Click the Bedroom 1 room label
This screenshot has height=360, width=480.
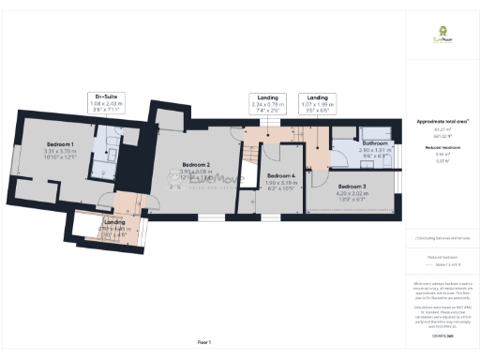(x=59, y=142)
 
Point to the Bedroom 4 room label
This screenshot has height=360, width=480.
(x=281, y=175)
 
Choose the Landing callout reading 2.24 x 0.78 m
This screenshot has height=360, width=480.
(x=267, y=102)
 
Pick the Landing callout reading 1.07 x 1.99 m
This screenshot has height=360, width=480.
(x=318, y=102)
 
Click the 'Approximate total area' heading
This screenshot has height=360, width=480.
(x=442, y=122)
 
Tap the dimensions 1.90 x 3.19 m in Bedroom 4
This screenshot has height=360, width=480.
(x=281, y=183)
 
